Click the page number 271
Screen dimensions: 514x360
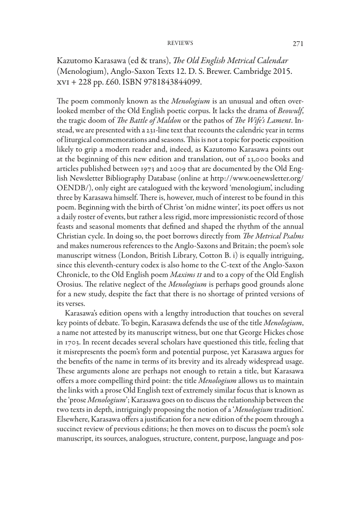pyautogui.click(x=297, y=43)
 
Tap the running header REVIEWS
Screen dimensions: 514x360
pyautogui.click(x=180, y=43)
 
